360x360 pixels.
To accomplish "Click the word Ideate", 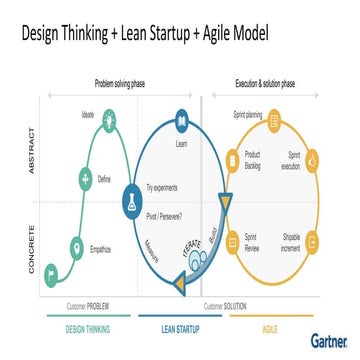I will pyautogui.click(x=88, y=115).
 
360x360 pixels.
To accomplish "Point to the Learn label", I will pyautogui.click(x=182, y=144).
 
